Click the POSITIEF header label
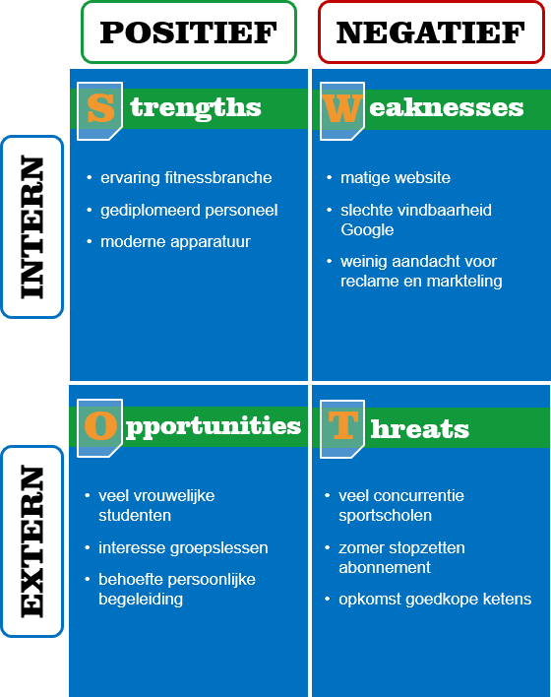pos(188,32)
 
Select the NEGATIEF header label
pos(431,32)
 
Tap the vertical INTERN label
pos(32,226)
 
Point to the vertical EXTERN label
pos(32,541)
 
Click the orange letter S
pos(101,108)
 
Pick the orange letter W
pos(341,108)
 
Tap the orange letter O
pos(101,425)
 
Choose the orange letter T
pos(343,425)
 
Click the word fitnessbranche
pos(218,177)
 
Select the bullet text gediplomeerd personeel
pos(189,211)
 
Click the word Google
pos(367,230)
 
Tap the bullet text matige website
pos(395,178)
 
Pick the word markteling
pos(464,281)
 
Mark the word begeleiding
pos(141,600)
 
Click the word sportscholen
pos(385,516)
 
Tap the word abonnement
pos(385,567)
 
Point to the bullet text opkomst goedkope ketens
pos(435,600)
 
